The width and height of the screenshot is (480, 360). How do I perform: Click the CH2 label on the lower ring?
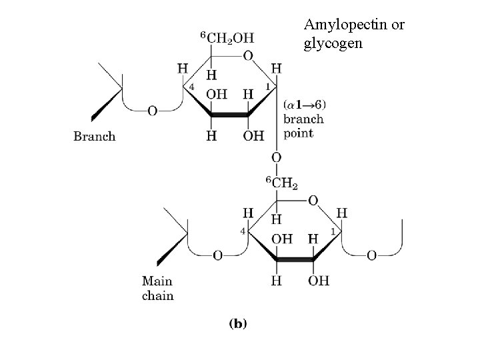tap(282, 181)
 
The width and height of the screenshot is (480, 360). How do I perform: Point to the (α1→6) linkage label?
tap(304, 105)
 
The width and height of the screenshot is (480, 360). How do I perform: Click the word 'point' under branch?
tap(298, 133)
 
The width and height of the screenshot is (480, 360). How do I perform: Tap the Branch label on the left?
tap(95, 137)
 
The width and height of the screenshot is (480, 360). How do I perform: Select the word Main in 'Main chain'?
tap(157, 282)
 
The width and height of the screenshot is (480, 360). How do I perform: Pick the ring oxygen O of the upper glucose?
tap(247, 57)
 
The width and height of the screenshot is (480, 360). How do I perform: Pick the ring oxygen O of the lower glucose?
tap(313, 200)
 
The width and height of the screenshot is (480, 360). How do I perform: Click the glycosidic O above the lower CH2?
tap(276, 158)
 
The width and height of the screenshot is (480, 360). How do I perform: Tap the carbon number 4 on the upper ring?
tap(191, 87)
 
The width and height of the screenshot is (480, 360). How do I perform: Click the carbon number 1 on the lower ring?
tap(332, 231)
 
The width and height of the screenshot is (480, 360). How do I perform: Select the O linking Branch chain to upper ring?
tap(152, 111)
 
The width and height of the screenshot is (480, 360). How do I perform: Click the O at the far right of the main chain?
tap(371, 255)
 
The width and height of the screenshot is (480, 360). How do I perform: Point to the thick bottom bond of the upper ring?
tap(229, 115)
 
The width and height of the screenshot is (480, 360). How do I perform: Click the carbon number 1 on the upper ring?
tap(268, 87)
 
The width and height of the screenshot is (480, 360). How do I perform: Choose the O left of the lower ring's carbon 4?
tap(217, 255)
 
